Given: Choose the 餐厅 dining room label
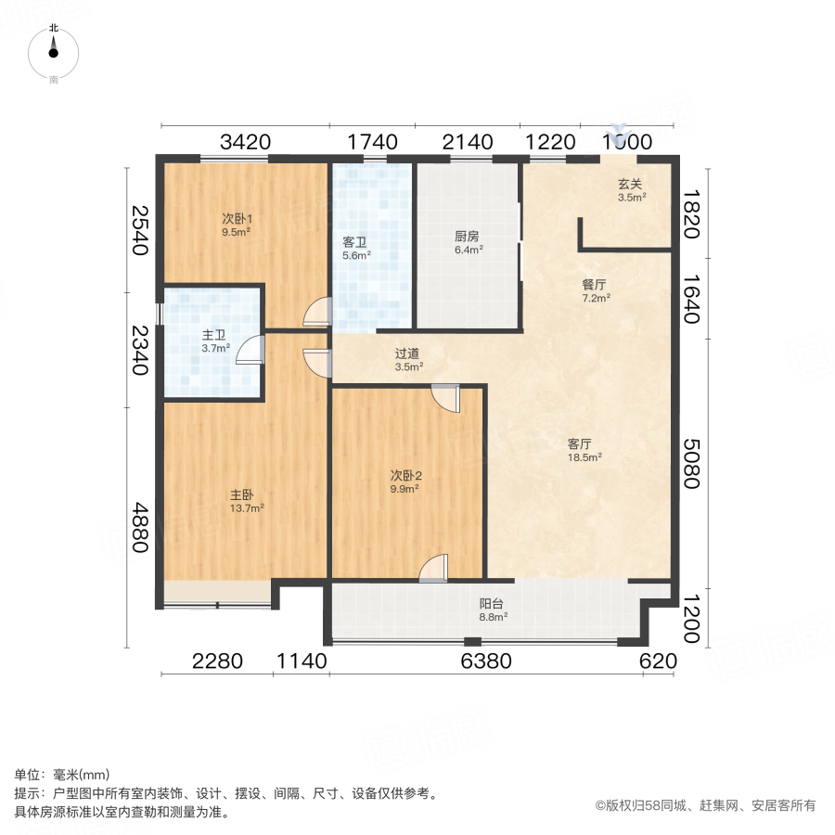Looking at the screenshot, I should pos(595,285).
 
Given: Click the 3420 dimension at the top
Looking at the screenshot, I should pos(245,142).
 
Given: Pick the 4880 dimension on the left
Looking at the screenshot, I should pos(139,527).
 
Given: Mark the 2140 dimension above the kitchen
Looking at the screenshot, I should pos(467,142).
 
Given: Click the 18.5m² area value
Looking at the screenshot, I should pos(585,456).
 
